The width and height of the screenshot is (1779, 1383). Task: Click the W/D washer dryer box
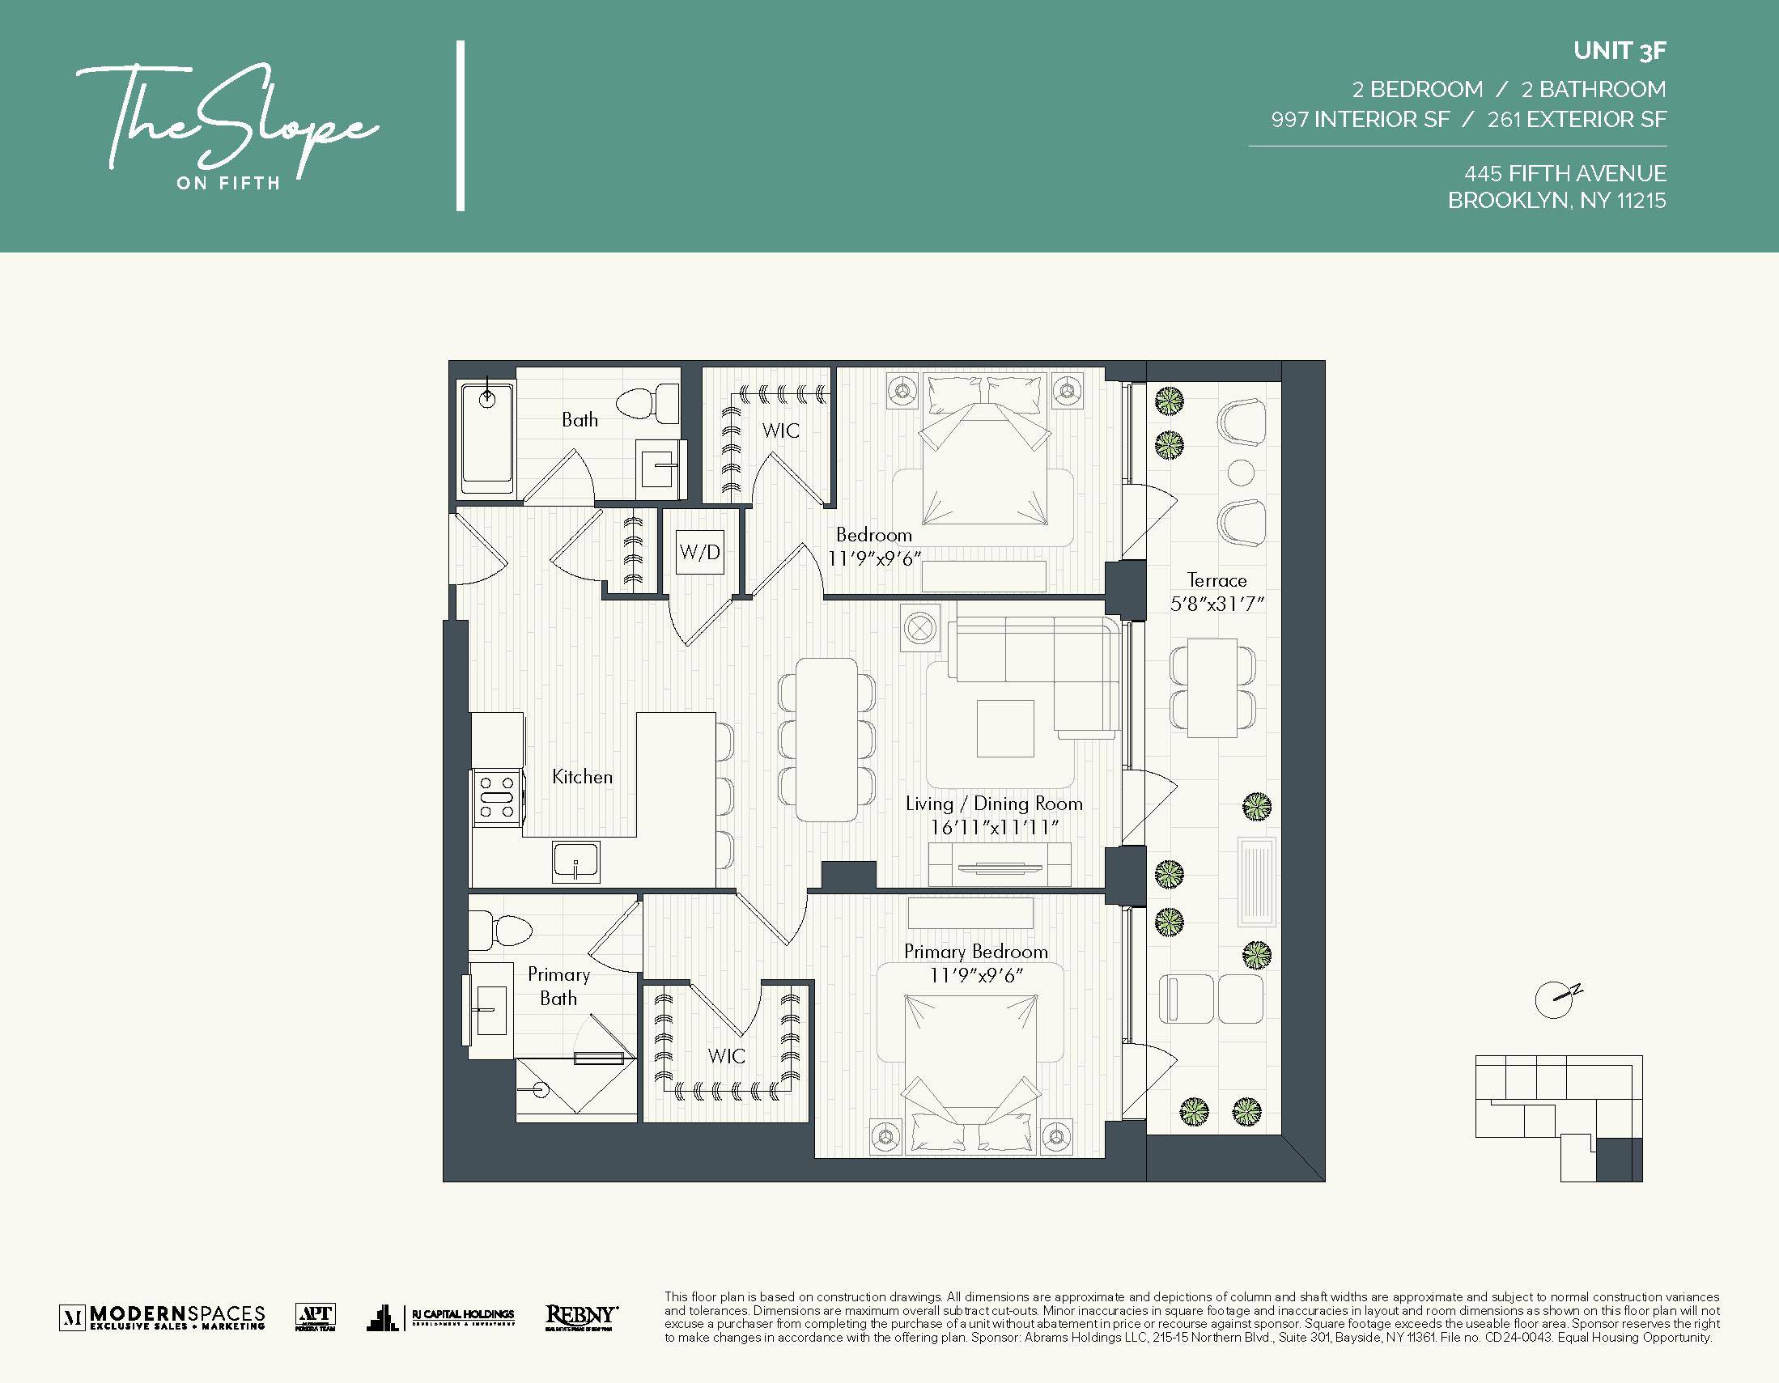click(x=700, y=552)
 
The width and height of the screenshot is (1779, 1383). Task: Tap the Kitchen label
click(x=582, y=777)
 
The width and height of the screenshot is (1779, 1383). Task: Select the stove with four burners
click(x=497, y=797)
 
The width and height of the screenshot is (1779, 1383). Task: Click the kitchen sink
click(x=576, y=863)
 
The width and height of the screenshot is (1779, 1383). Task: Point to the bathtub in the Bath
click(x=486, y=439)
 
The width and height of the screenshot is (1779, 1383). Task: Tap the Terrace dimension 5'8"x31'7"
click(x=1216, y=604)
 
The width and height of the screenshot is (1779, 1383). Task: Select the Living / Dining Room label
click(x=994, y=804)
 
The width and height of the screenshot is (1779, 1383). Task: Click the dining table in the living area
click(x=826, y=739)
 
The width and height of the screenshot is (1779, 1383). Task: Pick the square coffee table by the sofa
click(x=1005, y=728)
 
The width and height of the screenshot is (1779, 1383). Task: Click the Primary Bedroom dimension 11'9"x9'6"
click(x=976, y=975)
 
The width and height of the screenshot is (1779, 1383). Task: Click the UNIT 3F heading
click(x=1619, y=50)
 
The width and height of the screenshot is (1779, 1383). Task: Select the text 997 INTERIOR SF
click(x=1360, y=120)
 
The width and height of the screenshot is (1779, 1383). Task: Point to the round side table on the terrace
click(x=1241, y=472)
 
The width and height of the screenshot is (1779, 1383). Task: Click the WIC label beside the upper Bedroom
click(x=780, y=431)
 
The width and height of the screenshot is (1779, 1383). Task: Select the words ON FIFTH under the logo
click(x=228, y=183)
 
